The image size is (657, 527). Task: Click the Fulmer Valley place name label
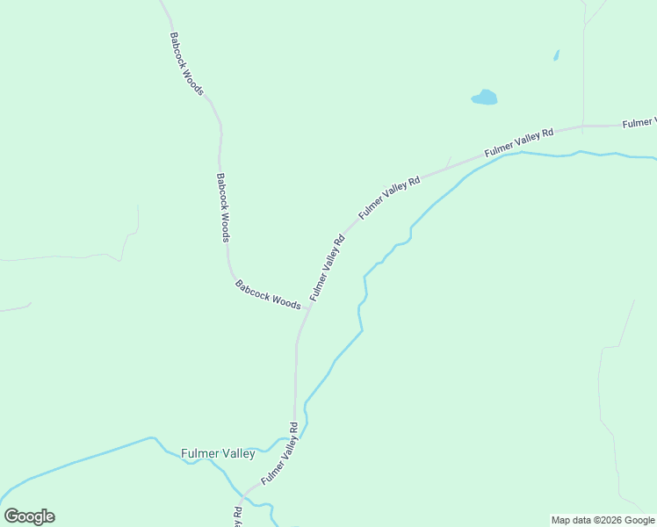[218, 454]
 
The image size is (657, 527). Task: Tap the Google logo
[29, 516]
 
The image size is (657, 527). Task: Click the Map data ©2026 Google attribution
[603, 520]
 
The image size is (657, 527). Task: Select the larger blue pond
[484, 97]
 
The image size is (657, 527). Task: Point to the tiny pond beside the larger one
[556, 55]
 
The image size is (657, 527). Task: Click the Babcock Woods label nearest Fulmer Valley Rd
[268, 293]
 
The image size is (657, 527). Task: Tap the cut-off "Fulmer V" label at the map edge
[639, 122]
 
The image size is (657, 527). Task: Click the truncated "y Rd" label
[237, 517]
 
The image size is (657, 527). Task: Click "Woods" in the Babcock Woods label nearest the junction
[285, 300]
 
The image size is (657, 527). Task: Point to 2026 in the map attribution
[609, 520]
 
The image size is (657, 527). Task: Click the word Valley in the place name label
[236, 454]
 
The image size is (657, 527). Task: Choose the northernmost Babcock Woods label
[187, 64]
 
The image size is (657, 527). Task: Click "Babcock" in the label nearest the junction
[251, 287]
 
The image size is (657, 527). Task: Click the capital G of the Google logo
[12, 516]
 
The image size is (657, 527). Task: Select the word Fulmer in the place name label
[199, 454]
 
